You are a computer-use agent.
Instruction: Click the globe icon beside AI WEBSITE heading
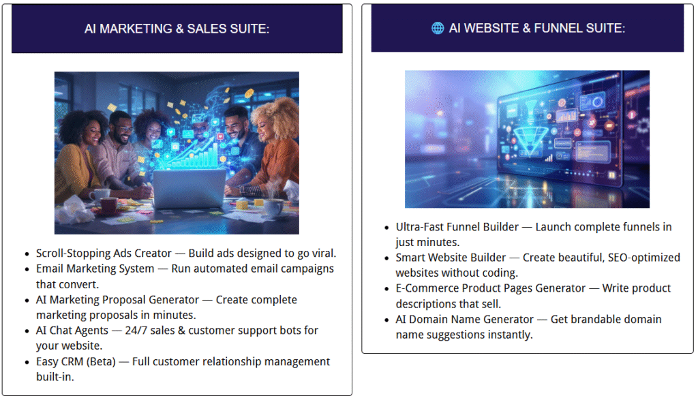(438, 28)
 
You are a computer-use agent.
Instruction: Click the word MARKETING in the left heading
(136, 29)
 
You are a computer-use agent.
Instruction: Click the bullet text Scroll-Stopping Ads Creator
(104, 253)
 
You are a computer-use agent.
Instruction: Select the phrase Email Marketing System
(95, 269)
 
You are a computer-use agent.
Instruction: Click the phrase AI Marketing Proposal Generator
(117, 300)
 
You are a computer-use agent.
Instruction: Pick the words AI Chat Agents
(72, 331)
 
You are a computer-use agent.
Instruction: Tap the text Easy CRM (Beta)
(76, 362)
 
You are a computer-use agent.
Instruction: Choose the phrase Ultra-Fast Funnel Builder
(457, 227)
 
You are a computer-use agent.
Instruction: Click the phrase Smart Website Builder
(451, 258)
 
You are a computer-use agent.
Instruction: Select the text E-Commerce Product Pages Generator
(491, 288)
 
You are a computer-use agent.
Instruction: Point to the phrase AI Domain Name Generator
(465, 320)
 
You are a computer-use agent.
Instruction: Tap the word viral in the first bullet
(324, 253)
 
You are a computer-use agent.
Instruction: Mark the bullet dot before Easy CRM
(27, 363)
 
